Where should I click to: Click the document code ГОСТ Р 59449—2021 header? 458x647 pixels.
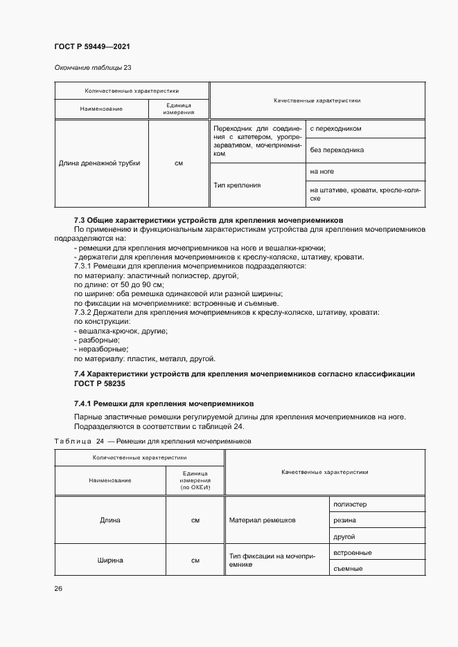pyautogui.click(x=92, y=46)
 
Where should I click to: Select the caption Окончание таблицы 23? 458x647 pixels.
pyautogui.click(x=92, y=67)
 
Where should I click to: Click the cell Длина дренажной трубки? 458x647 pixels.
pyautogui.click(x=100, y=163)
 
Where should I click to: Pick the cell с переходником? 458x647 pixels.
pyautogui.click(x=335, y=129)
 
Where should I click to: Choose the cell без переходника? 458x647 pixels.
pyautogui.click(x=337, y=150)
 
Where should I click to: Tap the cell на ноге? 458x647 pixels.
pyautogui.click(x=322, y=172)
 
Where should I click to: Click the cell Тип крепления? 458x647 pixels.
pyautogui.click(x=238, y=185)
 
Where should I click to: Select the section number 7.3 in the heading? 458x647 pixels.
pyautogui.click(x=80, y=220)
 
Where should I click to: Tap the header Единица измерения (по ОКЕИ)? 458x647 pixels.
pyautogui.click(x=195, y=481)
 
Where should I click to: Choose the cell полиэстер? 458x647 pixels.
pyautogui.click(x=350, y=504)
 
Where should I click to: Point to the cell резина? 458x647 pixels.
pyautogui.click(x=345, y=520)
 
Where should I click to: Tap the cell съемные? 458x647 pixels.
pyautogui.click(x=348, y=569)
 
